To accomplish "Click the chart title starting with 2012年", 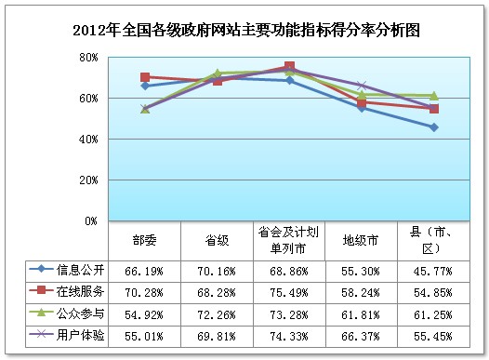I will (245, 30).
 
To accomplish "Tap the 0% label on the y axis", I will (90, 221).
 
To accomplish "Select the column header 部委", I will (145, 239).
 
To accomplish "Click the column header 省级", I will (218, 239).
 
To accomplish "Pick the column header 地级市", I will (362, 239).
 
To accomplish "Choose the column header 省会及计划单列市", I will (289, 239).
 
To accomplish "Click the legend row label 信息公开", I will (75, 270).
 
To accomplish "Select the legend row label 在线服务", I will (75, 290).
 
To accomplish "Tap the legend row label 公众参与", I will (75, 311).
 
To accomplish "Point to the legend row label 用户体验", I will (75, 331).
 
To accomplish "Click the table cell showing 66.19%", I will (145, 270).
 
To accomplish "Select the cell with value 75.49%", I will (289, 290).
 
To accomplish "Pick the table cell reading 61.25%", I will (434, 311).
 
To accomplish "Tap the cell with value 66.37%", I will (362, 331).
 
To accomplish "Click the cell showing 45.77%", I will (434, 270).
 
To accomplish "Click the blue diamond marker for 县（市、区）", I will (434, 127).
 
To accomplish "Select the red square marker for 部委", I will (145, 77).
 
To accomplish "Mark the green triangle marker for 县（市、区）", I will (434, 95).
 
